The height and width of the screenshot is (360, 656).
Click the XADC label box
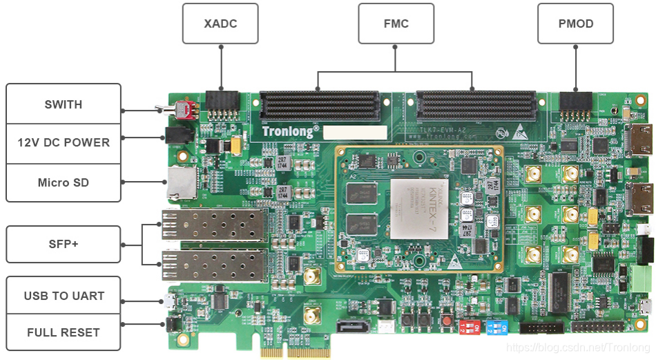[x=220, y=23]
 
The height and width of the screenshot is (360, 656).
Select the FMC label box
[x=396, y=23]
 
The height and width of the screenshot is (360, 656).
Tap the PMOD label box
[x=575, y=23]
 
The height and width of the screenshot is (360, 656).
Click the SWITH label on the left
[x=64, y=104]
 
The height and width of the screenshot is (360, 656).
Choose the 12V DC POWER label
[x=64, y=142]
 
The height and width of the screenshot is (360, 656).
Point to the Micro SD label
[x=64, y=182]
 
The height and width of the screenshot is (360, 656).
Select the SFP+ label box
[x=64, y=244]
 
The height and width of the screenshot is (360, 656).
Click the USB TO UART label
[x=64, y=296]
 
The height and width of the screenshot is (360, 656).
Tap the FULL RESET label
[x=64, y=332]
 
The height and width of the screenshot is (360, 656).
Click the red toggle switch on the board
[x=183, y=110]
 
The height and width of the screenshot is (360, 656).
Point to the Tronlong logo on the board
[x=290, y=129]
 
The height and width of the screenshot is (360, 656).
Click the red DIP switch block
[x=470, y=327]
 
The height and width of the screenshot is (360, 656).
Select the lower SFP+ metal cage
[x=215, y=265]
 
